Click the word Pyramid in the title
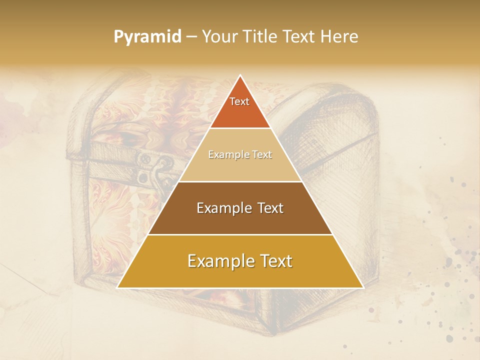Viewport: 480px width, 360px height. pyautogui.click(x=147, y=37)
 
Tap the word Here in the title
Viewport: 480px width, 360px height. pyautogui.click(x=339, y=36)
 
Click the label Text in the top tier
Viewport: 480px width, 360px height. pyautogui.click(x=239, y=101)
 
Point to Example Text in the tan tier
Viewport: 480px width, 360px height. pyautogui.click(x=240, y=155)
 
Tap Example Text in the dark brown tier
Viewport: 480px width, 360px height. pyautogui.click(x=240, y=208)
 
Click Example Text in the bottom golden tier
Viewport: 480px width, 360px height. pyautogui.click(x=240, y=261)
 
